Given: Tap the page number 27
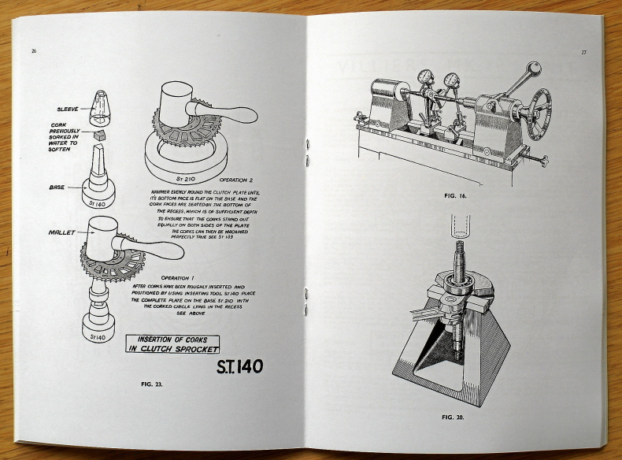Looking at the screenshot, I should point(583,53).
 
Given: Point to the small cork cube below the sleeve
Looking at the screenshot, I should point(99,135).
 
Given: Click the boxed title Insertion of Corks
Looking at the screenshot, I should point(173,343).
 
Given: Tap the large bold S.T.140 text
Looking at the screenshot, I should point(239,367).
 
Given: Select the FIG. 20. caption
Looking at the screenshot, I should point(454,416).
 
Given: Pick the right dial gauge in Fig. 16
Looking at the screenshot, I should point(452,82).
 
